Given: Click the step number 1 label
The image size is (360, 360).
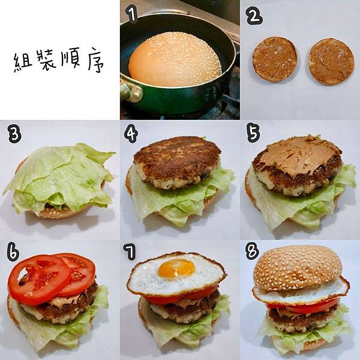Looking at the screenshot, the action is pyautogui.click(x=133, y=15).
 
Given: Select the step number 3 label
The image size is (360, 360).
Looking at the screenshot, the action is pyautogui.click(x=14, y=134).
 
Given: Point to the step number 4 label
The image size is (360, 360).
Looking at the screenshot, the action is pyautogui.click(x=131, y=134).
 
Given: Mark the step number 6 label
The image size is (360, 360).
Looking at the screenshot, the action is pyautogui.click(x=13, y=253).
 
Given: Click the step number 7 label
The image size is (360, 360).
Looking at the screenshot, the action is pyautogui.click(x=130, y=252).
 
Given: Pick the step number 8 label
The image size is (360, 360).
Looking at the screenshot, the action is pyautogui.click(x=252, y=251).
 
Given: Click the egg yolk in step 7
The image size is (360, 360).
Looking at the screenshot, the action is pyautogui.click(x=176, y=268).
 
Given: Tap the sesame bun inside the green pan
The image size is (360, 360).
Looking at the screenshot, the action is pyautogui.click(x=175, y=59).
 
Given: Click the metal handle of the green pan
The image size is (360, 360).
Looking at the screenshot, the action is pyautogui.click(x=131, y=90).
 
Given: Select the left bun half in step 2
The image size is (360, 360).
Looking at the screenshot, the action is pyautogui.click(x=275, y=59).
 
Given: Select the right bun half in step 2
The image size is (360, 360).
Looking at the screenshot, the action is pyautogui.click(x=331, y=62).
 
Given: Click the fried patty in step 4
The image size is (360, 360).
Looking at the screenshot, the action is pyautogui.click(x=177, y=162).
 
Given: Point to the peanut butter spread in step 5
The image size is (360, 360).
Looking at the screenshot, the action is pyautogui.click(x=298, y=154).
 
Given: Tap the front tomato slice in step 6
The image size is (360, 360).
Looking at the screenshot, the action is pyautogui.click(x=38, y=280).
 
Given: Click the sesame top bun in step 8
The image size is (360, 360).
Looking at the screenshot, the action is pyautogui.click(x=298, y=267).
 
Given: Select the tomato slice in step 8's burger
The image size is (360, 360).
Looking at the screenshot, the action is pyautogui.click(x=301, y=307).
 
